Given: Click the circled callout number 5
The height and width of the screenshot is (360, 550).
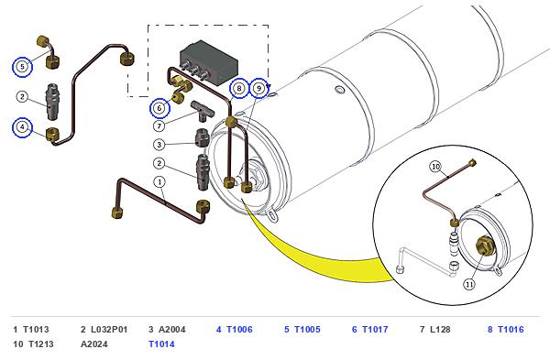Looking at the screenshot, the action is pos(22,67).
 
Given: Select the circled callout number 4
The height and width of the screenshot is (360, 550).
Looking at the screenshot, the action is pos(22,127).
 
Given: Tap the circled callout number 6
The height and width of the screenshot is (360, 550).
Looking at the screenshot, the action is pos(159,108).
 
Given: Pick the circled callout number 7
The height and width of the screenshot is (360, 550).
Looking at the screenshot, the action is pos(159,125).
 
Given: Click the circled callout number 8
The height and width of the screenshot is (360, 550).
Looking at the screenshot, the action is pos(239,88).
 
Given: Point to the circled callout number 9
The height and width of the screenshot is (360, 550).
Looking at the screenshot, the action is pos(259,88).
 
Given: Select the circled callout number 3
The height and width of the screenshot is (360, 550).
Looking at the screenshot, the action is pos(159,145).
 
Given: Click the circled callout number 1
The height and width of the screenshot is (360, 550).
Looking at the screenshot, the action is pos(159,182).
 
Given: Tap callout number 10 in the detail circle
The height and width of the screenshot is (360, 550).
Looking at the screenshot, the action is pos(435,167).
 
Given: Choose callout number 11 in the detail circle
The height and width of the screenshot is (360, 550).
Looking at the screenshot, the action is pos(469,284).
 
